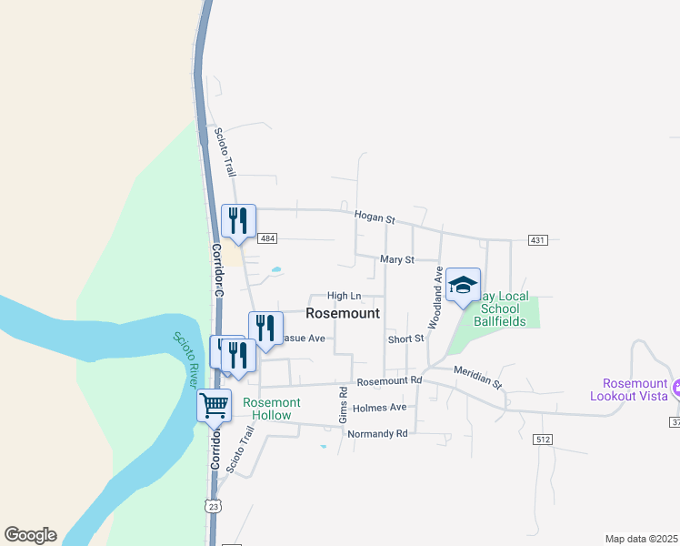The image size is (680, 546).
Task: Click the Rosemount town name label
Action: tap(343, 312)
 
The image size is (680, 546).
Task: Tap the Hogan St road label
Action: tap(375, 219)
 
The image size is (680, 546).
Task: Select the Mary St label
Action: tap(396, 259)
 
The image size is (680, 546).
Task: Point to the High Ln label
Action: tap(344, 296)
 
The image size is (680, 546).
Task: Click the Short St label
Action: tap(405, 339)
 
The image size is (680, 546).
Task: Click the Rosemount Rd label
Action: tap(390, 380)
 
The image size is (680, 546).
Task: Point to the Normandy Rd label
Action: tap(377, 433)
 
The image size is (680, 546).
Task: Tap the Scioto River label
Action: tap(186, 359)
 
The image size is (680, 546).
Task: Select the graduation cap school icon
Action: tap(463, 285)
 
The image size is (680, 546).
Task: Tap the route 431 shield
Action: tap(537, 240)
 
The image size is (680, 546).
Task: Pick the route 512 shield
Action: tap(543, 440)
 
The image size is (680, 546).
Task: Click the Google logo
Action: tap(30, 535)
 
